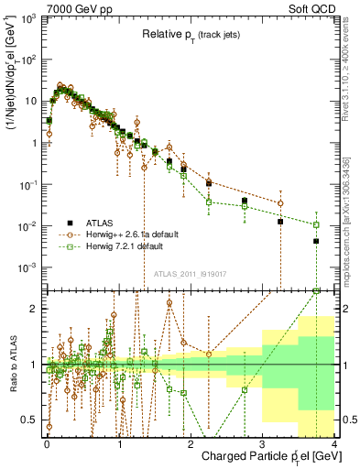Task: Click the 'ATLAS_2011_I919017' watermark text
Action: point(191,272)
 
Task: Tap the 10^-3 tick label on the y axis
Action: point(31,267)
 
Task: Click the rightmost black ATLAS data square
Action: point(316,241)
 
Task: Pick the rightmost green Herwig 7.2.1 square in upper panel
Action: point(316,224)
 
